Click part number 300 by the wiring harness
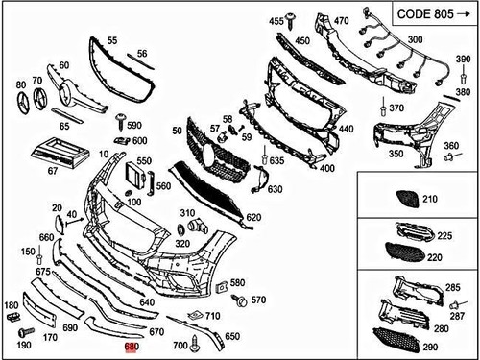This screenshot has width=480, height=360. pos(416,39)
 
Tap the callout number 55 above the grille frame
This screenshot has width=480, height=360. pos(112,41)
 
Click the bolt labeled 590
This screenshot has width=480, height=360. pos(121,122)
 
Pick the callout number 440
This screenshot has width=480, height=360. pos(345,128)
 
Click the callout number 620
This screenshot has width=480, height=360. pos(253,218)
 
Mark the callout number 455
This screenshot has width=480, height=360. pos(276,21)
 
